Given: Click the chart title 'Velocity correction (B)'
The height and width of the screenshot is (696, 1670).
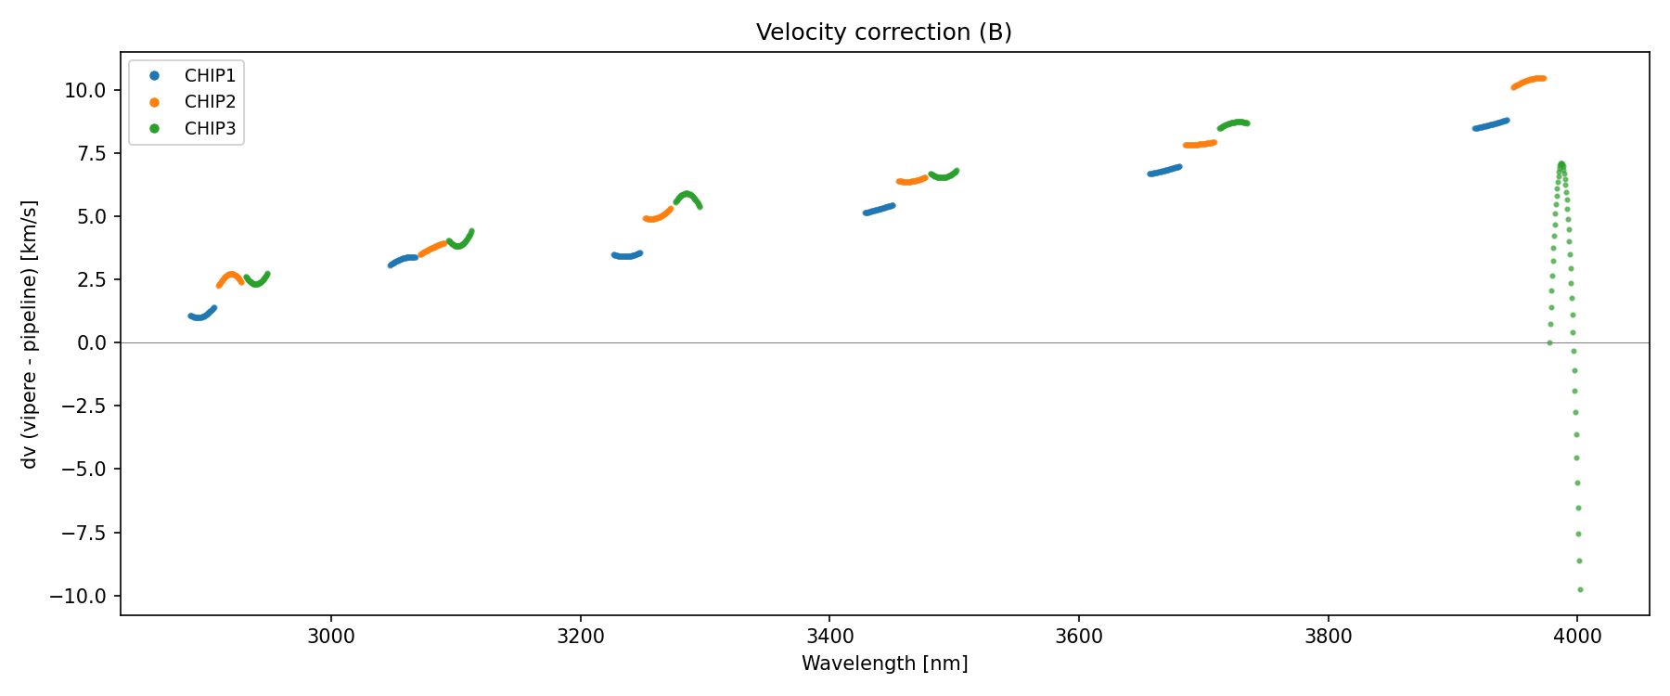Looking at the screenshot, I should [883, 32].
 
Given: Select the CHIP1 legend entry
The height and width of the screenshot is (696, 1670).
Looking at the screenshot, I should [210, 76].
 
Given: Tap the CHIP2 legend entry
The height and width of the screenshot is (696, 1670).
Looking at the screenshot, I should [210, 102].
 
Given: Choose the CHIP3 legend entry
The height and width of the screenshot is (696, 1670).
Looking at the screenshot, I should [210, 129].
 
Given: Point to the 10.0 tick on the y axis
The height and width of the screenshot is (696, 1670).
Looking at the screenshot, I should [86, 90].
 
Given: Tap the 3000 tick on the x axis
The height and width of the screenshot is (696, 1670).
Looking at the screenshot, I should [330, 636].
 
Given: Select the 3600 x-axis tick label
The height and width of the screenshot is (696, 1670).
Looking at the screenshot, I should [1079, 636].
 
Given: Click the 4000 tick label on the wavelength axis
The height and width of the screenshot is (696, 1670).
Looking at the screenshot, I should [1577, 636].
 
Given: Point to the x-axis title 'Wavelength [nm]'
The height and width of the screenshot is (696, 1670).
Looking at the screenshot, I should [884, 664].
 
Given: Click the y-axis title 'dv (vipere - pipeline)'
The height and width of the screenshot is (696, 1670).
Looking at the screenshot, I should [30, 334].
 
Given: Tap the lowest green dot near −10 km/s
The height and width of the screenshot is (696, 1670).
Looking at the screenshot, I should [1580, 589].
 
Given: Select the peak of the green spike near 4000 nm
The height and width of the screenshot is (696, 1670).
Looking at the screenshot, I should [1561, 165].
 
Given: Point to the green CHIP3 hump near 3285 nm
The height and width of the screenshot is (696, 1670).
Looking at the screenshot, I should [687, 195].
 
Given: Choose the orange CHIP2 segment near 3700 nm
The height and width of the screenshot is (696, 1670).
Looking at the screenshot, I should [1200, 145].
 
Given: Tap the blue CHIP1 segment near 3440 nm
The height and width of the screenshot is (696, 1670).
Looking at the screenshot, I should [878, 210].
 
